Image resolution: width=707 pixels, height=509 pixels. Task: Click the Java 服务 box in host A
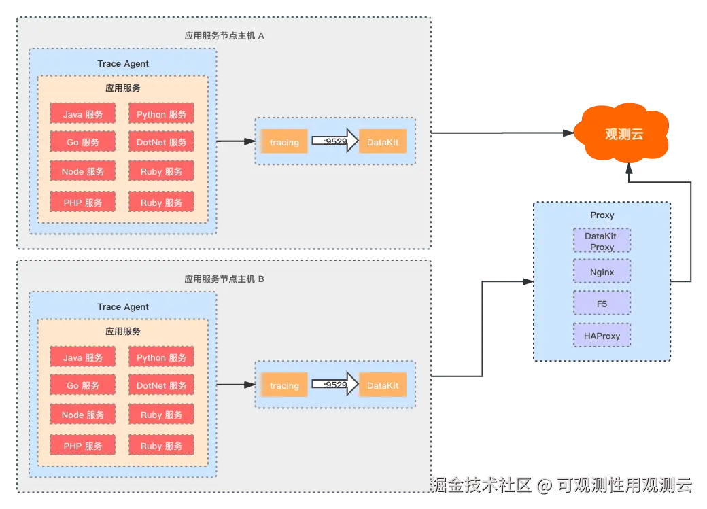(83, 114)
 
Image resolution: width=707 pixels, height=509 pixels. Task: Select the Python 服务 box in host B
(161, 357)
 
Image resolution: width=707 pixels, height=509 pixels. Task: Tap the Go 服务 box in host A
(83, 143)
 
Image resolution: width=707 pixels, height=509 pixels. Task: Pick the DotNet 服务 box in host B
(161, 385)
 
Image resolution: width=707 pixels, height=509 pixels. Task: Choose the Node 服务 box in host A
(83, 172)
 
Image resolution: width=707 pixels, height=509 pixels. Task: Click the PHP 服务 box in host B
(83, 446)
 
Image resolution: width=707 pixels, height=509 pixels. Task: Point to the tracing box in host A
(284, 142)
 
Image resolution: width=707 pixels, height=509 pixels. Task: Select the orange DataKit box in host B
(383, 385)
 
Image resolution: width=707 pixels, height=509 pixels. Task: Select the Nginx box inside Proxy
(602, 272)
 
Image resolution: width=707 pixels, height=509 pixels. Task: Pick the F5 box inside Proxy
(602, 304)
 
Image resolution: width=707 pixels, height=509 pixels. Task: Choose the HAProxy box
(602, 336)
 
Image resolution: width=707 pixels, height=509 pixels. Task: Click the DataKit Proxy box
(602, 241)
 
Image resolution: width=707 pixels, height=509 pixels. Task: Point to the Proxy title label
(602, 215)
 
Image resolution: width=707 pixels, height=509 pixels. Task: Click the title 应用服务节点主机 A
(224, 35)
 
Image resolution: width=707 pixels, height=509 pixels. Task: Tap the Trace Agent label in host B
(123, 306)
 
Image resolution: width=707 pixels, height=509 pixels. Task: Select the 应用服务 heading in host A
(123, 88)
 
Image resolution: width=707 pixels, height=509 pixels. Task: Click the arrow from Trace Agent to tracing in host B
(235, 385)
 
